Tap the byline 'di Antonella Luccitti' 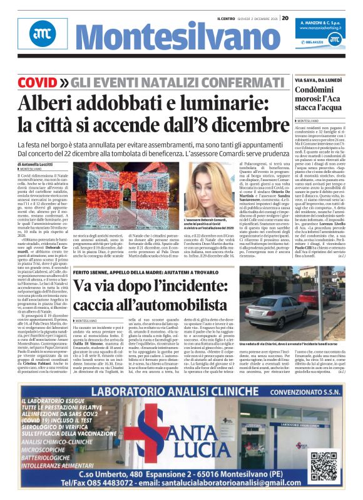[x=38, y=164]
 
